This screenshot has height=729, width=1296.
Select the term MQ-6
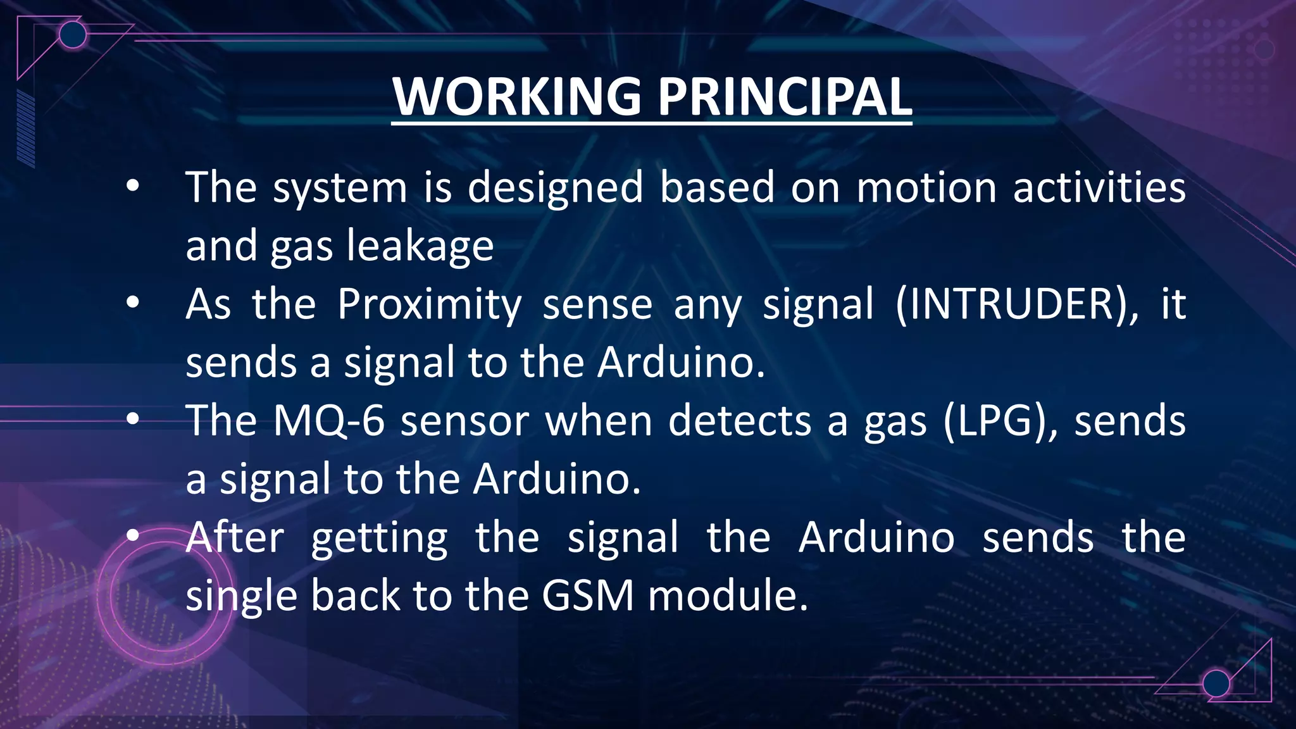pos(328,421)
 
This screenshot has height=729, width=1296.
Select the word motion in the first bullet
pos(926,188)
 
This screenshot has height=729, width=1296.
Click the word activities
pos(1099,188)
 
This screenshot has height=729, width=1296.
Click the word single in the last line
pos(241,597)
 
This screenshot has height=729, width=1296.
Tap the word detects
pos(740,421)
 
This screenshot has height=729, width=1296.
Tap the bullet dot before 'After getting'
pos(132,536)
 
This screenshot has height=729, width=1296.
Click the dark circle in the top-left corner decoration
pos(73,35)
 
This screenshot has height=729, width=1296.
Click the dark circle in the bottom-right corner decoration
pos(1216,683)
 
